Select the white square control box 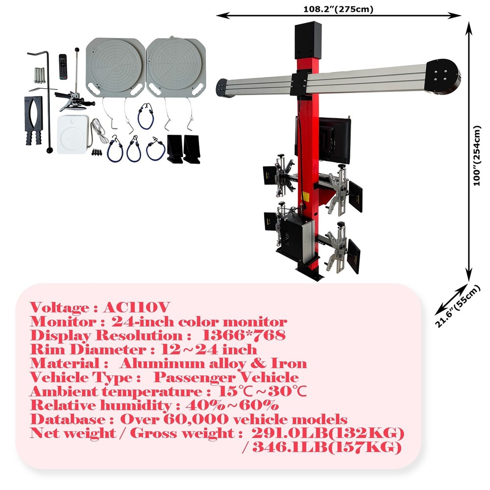pyautogui.click(x=73, y=134)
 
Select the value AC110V pyautogui.click(x=137, y=308)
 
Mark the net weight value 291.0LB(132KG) pyautogui.click(x=328, y=434)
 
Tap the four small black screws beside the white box pyautogui.click(x=97, y=151)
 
